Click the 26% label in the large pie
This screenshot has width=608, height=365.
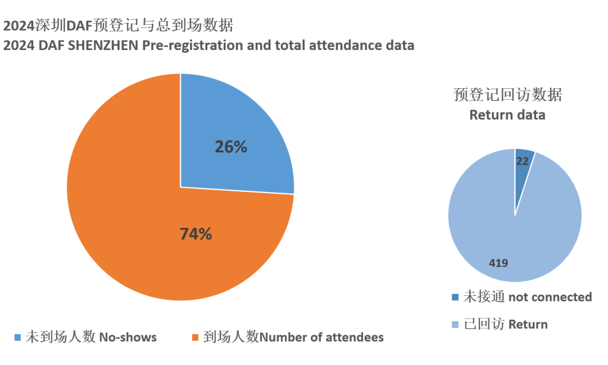231,147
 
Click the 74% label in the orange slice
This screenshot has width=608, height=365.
195,234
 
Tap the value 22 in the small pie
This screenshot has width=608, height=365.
522,161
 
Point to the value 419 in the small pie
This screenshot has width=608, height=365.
499,262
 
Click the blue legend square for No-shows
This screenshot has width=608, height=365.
17,337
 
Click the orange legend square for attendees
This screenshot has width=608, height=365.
195,337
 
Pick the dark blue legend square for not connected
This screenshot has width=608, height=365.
455,297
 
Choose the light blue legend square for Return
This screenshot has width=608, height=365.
455,325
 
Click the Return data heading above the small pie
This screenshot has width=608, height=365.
507,115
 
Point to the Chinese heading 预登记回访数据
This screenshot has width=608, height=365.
507,95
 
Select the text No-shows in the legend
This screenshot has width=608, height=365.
128,337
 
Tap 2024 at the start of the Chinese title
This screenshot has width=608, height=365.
19,26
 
